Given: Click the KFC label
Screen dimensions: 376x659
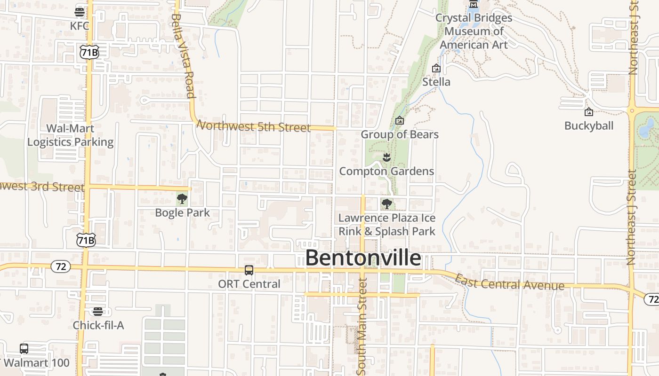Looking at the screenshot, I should click(80, 26).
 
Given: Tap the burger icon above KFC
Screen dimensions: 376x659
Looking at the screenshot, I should click(80, 11).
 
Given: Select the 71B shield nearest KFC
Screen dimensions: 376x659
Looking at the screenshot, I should click(89, 52).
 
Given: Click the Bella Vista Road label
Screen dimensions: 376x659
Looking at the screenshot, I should click(183, 55).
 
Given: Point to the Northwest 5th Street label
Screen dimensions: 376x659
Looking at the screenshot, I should click(254, 126).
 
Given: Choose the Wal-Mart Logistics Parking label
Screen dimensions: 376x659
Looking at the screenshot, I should click(71, 135).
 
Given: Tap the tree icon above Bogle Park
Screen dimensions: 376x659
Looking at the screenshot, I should click(182, 199).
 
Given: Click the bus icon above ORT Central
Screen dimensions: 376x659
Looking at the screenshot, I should click(249, 270).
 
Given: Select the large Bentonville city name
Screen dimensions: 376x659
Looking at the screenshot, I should click(363, 258).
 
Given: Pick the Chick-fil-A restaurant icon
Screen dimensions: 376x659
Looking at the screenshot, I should click(98, 311).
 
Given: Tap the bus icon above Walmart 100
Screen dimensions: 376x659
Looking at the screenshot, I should click(24, 348).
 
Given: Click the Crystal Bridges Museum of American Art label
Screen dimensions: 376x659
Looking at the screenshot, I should click(474, 31).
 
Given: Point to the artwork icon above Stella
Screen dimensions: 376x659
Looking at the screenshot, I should click(436, 68).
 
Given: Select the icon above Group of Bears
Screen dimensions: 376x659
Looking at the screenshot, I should click(400, 121).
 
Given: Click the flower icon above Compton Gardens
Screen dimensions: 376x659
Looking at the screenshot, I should click(386, 157).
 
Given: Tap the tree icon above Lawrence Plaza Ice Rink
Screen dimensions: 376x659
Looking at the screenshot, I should click(386, 204).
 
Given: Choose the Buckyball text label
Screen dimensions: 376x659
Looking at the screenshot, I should click(589, 126).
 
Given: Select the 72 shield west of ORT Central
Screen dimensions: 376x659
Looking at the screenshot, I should click(61, 267).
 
